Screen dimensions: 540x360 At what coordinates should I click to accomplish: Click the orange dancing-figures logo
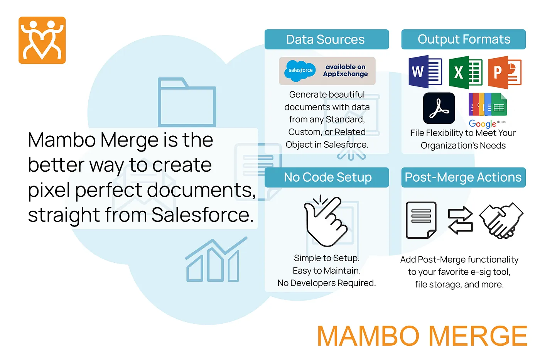click(x=42, y=40)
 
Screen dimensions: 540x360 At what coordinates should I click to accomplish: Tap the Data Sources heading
click(x=325, y=39)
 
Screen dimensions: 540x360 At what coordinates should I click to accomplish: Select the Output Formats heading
click(x=464, y=39)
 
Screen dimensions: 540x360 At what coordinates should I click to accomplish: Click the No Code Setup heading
click(x=327, y=177)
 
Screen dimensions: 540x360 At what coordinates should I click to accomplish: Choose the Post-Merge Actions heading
click(x=463, y=177)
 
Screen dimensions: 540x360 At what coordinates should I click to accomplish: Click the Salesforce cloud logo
click(x=300, y=71)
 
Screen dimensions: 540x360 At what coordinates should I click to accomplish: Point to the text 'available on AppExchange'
click(x=346, y=70)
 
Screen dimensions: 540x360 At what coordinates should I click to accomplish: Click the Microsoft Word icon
click(x=425, y=72)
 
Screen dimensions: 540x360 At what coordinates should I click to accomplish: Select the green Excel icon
click(x=466, y=72)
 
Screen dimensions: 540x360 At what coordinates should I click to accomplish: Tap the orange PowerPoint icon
click(x=505, y=72)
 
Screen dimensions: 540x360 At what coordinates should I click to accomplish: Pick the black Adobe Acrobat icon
click(x=439, y=108)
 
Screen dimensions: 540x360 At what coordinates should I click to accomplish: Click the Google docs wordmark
click(x=487, y=123)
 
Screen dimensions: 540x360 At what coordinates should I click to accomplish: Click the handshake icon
click(x=501, y=220)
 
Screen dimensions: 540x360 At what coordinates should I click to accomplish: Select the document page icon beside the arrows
click(x=421, y=220)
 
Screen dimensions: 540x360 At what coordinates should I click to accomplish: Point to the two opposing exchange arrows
click(x=461, y=220)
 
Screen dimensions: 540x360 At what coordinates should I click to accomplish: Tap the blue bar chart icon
click(x=216, y=259)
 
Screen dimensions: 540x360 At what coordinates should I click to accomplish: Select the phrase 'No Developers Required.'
click(x=327, y=283)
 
